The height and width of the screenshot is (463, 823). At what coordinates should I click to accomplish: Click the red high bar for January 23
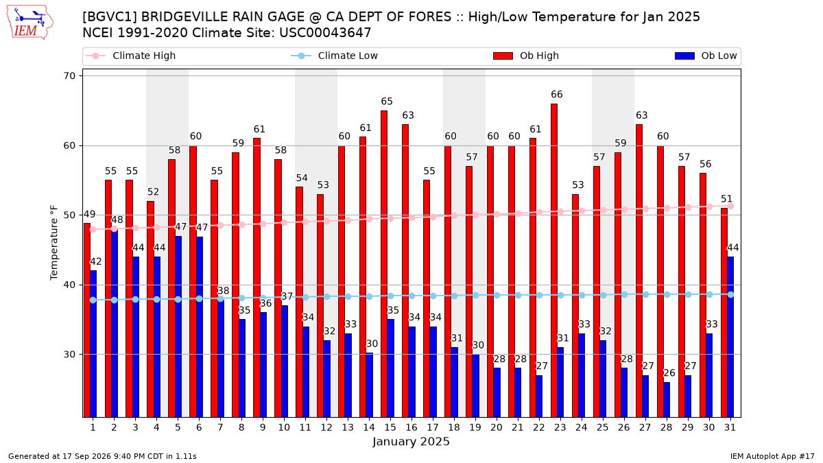pyautogui.click(x=554, y=261)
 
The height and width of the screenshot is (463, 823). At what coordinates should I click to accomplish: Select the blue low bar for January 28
pyautogui.click(x=667, y=400)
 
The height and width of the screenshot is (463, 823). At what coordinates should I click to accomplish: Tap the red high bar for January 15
pyautogui.click(x=384, y=264)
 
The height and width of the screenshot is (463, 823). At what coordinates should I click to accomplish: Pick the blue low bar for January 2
pyautogui.click(x=115, y=323)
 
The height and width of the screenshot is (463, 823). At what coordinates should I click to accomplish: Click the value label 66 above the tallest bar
pyautogui.click(x=557, y=95)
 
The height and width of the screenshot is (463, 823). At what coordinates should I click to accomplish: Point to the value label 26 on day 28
pyautogui.click(x=669, y=373)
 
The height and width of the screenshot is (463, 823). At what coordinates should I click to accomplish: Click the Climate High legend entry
pyautogui.click(x=131, y=56)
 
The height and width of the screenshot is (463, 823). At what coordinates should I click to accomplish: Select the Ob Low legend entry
pyautogui.click(x=706, y=56)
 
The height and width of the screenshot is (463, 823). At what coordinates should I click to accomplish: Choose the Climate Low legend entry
pyautogui.click(x=335, y=56)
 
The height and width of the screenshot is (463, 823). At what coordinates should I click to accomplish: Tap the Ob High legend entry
pyautogui.click(x=526, y=56)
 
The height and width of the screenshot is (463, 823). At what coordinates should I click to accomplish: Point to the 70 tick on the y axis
pyautogui.click(x=69, y=76)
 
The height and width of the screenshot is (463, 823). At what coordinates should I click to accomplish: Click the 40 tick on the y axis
pyautogui.click(x=69, y=285)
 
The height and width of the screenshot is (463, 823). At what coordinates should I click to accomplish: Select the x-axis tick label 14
pyautogui.click(x=369, y=427)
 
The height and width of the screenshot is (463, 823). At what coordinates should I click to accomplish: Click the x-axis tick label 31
pyautogui.click(x=730, y=427)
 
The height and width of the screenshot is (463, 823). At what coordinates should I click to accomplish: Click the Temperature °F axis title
pyautogui.click(x=54, y=243)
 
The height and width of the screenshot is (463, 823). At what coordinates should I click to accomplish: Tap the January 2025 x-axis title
pyautogui.click(x=411, y=441)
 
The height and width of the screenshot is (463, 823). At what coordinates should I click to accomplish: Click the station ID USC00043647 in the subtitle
pyautogui.click(x=325, y=33)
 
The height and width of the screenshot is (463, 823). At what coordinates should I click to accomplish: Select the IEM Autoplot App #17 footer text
pyautogui.click(x=772, y=456)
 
